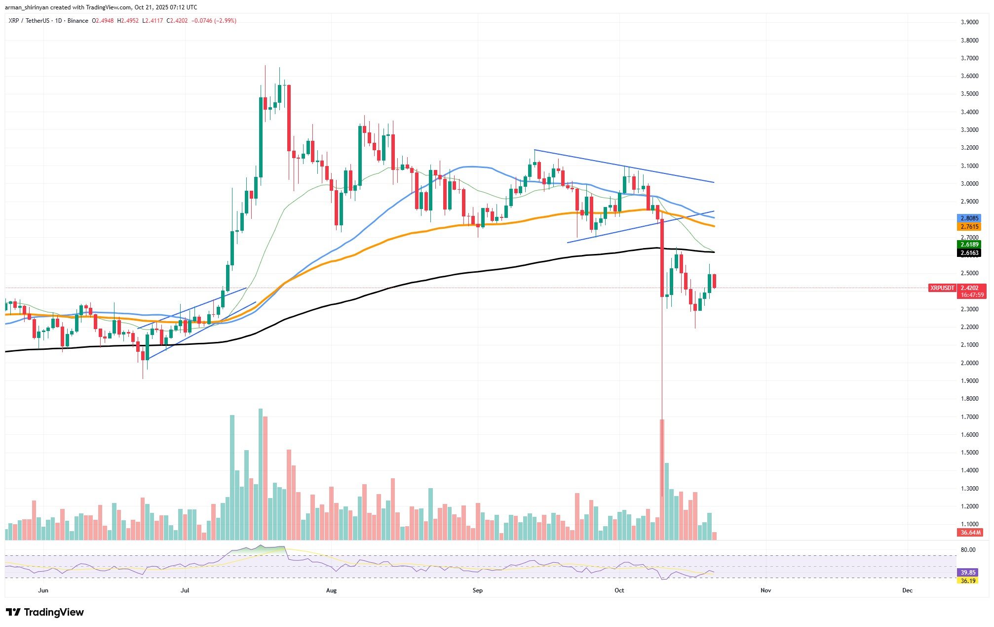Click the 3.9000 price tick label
pyautogui.click(x=969, y=22)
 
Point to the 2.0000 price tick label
pyautogui.click(x=969, y=363)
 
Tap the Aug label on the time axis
pyautogui.click(x=331, y=590)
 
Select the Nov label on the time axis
pyautogui.click(x=765, y=590)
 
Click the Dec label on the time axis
pyautogui.click(x=907, y=590)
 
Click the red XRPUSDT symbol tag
pyautogui.click(x=942, y=288)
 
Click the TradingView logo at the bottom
pyautogui.click(x=45, y=612)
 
